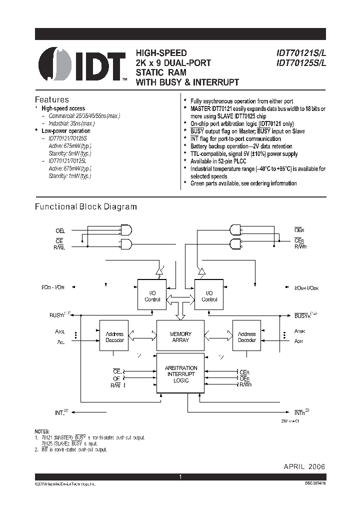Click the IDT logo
coord(82,65)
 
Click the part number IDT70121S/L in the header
coord(298,53)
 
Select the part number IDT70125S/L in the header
coord(298,63)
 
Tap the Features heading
coord(51,99)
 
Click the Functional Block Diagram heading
coord(85,206)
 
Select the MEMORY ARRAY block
coord(180,336)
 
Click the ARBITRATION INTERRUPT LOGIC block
coord(180,374)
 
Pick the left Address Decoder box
coord(114,336)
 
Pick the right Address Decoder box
coord(246,336)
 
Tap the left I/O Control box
coord(152,296)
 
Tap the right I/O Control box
coord(209,296)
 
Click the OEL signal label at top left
coord(60,231)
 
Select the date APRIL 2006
coord(304,466)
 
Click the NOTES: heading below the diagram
coord(42,431)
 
